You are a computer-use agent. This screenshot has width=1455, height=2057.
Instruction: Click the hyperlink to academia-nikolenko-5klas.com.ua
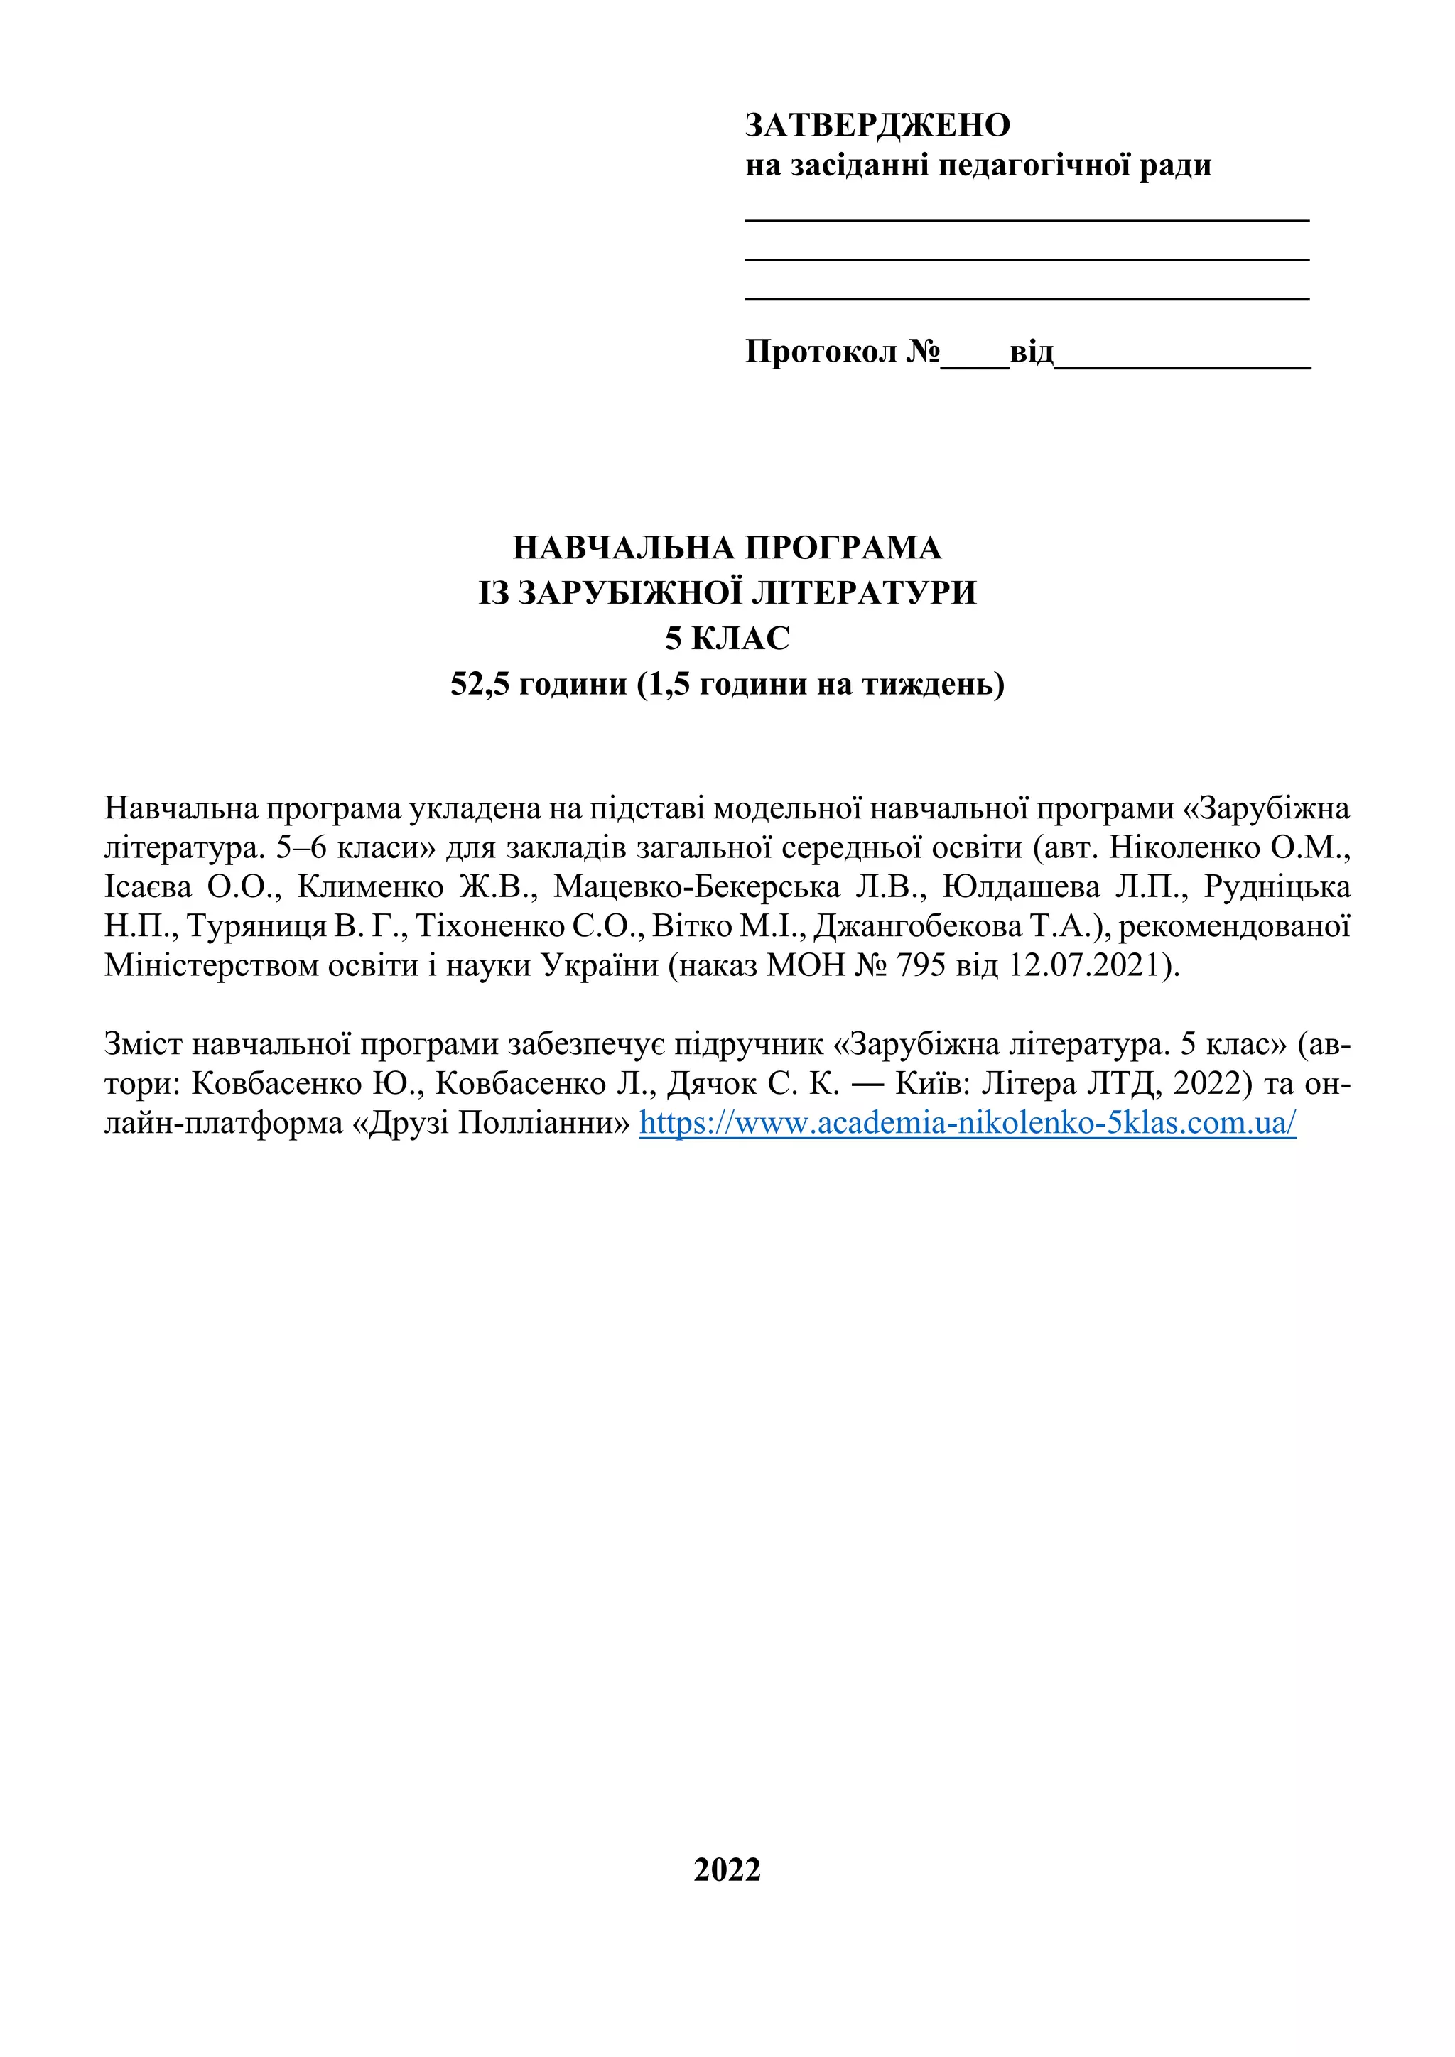(x=968, y=1122)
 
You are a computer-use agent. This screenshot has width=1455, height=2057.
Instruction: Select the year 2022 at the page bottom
(x=727, y=1869)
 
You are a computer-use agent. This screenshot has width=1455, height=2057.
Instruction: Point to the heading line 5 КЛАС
(x=727, y=639)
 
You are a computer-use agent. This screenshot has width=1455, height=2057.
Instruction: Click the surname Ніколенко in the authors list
(x=1184, y=847)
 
